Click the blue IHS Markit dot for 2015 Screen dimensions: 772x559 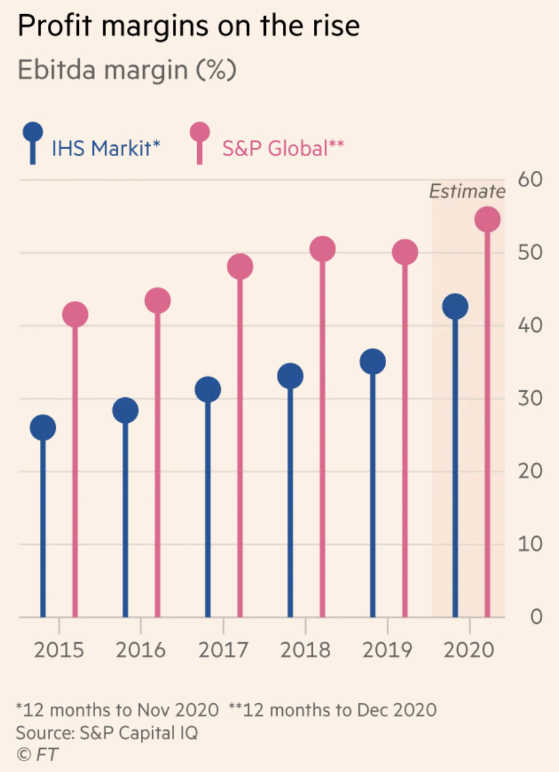43,428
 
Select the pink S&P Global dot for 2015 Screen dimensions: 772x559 75,314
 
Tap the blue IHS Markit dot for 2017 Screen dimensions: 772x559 208,389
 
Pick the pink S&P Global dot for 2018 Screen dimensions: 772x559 323,249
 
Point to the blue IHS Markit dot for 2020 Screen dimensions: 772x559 456,306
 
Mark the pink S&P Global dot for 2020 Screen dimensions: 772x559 487,219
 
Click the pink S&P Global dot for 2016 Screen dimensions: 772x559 157,301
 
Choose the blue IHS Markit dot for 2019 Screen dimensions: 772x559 373,362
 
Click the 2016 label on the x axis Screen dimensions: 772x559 140,650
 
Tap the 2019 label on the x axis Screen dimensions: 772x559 388,650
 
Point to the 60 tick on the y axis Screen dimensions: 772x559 531,180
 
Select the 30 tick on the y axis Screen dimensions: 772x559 531,398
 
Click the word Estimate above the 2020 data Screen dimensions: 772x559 467,192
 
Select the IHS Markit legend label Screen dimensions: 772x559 106,148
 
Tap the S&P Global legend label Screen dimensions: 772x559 283,148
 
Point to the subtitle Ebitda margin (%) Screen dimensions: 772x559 127,70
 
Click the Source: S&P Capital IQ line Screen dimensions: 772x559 107,732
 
